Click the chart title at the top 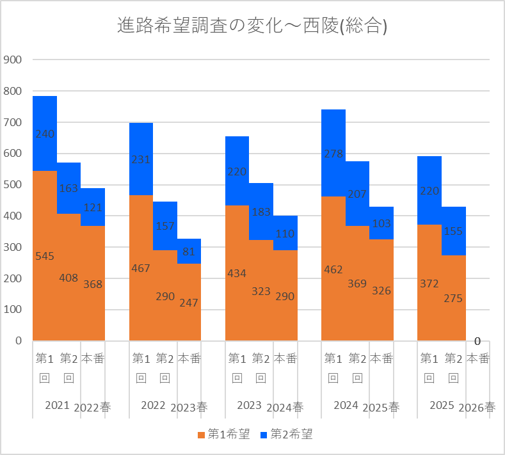pos(252,26)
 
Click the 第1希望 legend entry pos(224,435)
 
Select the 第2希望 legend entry pos(286,435)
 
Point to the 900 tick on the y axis pos(13,60)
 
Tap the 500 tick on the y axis pos(13,184)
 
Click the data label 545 pos(45,256)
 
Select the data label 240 pos(45,134)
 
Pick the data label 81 pos(189,251)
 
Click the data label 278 pos(333,154)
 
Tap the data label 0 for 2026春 pos(477,341)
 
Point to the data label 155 pos(453,231)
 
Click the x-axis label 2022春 pos(92,408)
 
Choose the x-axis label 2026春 pos(477,408)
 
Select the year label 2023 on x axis pos(249,405)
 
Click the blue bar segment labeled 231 pos(141,159)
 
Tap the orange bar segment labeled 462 pos(333,269)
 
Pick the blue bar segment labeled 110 pos(285,233)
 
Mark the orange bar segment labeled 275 pos(453,298)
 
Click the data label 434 pos(237,273)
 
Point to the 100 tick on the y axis pos(13,310)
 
